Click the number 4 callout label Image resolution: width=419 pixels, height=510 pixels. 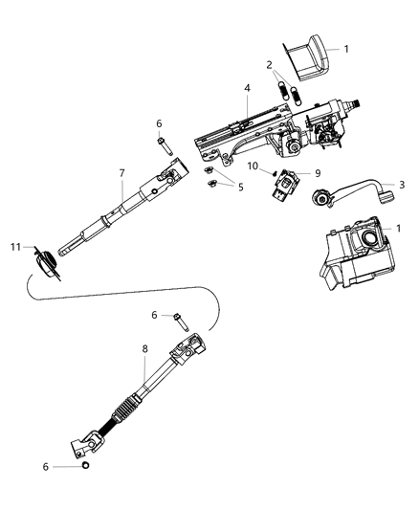(247, 90)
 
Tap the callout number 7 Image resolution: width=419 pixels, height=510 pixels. (121, 172)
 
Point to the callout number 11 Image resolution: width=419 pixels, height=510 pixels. (15, 247)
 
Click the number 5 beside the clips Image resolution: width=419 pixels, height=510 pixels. (240, 188)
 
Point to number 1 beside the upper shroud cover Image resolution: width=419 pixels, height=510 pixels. (374, 48)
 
